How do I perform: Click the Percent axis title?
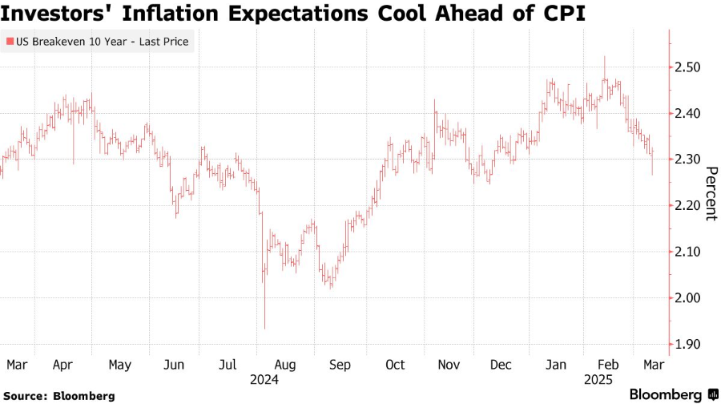point(709,193)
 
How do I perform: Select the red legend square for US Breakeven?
point(10,41)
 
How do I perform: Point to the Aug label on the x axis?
point(285,365)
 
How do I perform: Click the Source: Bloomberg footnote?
point(58,396)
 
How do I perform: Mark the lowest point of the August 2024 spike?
point(265,328)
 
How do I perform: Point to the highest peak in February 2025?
point(604,56)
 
